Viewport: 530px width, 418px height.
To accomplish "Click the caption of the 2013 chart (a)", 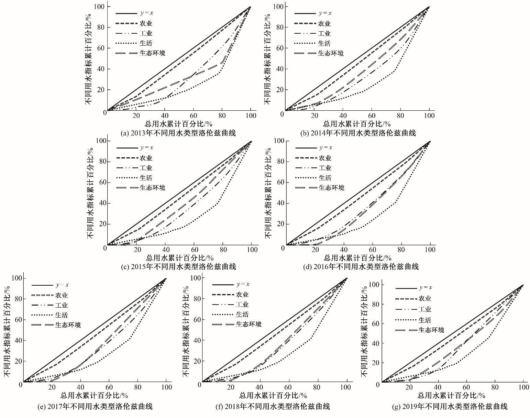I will (x=178, y=133).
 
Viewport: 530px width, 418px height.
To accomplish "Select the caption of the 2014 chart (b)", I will (x=358, y=133).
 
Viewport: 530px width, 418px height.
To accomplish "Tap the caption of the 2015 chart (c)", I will (x=179, y=267).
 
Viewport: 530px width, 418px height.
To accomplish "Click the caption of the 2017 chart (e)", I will (x=95, y=407).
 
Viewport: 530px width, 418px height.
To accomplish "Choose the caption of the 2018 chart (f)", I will (x=273, y=407).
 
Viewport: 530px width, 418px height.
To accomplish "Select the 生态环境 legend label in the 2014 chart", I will (x=330, y=53).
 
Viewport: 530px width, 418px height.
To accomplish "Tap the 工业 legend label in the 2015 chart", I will (x=146, y=168).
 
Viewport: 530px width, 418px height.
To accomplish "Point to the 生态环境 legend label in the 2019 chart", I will (x=431, y=330).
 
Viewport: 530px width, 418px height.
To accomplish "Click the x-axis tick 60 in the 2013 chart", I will (x=193, y=116).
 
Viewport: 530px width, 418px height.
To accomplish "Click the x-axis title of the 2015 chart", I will (x=180, y=257).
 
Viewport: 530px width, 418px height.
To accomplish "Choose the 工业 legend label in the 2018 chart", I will (x=242, y=305).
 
